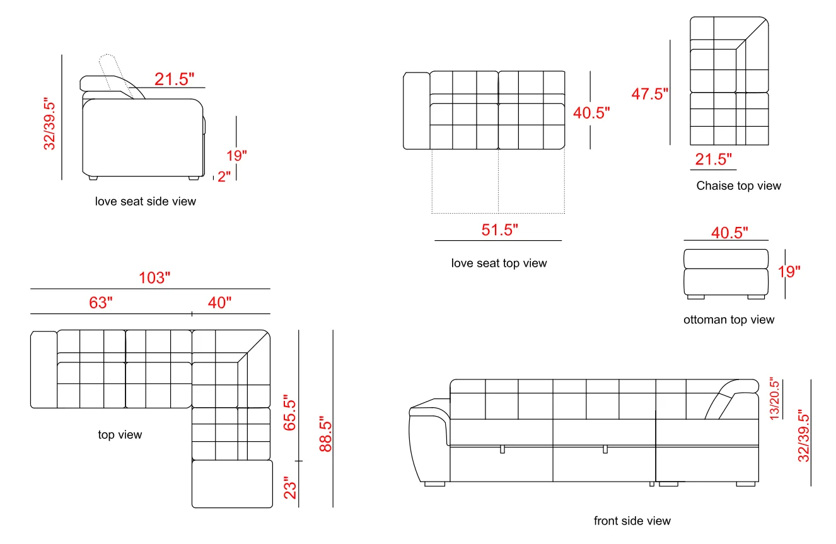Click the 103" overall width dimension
click(155, 278)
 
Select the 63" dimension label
click(101, 303)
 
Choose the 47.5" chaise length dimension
click(650, 94)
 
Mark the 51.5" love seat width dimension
click(500, 230)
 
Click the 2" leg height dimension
click(224, 177)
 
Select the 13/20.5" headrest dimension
click(775, 398)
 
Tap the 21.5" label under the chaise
click(714, 159)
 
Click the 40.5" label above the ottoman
click(729, 233)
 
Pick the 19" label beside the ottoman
click(789, 272)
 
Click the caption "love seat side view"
click(146, 202)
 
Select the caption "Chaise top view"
click(738, 186)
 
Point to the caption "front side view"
click(632, 521)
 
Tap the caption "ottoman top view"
click(729, 320)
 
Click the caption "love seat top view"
click(499, 263)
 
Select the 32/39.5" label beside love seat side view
click(50, 124)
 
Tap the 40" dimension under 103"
click(220, 303)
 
